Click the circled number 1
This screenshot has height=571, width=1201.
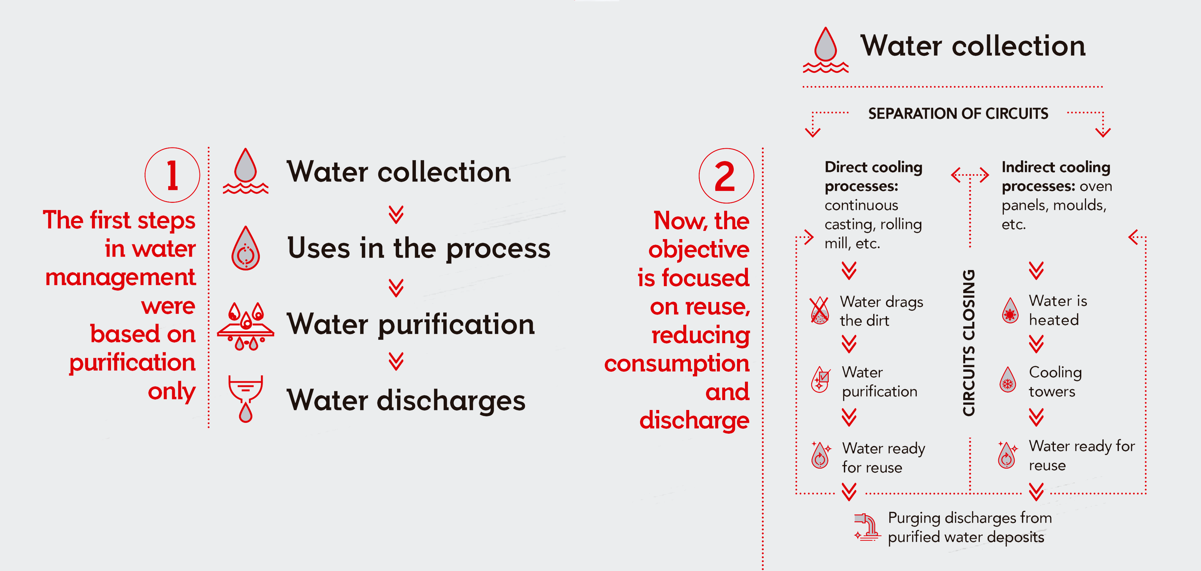click(172, 175)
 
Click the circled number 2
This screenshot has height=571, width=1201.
click(726, 176)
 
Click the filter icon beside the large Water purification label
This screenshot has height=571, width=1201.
click(246, 326)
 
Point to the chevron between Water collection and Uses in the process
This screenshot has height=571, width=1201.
click(396, 214)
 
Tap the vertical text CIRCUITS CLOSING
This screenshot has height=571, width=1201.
click(969, 343)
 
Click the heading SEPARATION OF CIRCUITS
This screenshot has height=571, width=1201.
click(958, 114)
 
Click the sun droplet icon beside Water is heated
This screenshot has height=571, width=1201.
click(1010, 310)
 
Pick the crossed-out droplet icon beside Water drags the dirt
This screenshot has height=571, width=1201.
click(819, 310)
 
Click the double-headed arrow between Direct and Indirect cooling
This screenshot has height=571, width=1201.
click(970, 175)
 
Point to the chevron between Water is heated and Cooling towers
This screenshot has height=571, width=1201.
click(1036, 344)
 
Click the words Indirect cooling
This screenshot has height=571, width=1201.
click(1056, 167)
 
